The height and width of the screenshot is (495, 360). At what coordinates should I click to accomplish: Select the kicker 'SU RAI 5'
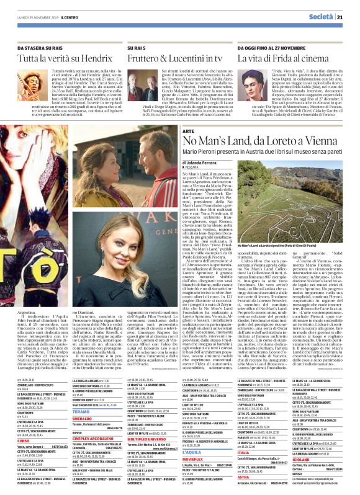136,47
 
